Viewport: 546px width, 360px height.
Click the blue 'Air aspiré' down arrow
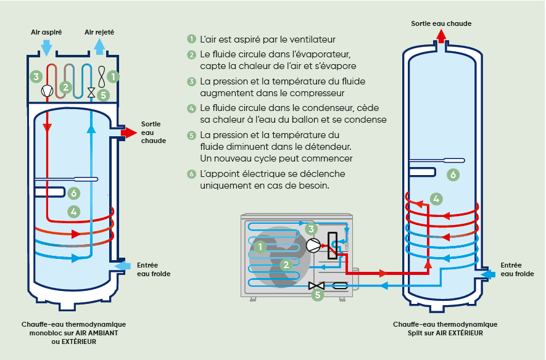[46, 46]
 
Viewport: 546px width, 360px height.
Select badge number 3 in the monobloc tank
[36, 77]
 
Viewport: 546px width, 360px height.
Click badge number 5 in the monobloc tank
[104, 95]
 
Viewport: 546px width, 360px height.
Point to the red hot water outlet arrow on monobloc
[129, 133]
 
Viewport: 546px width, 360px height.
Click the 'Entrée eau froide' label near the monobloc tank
[153, 269]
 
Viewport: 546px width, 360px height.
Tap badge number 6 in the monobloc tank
[73, 194]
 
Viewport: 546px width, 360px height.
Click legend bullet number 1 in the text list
[192, 39]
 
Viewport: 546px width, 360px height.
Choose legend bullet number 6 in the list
[192, 174]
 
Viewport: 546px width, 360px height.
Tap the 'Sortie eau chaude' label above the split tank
[441, 23]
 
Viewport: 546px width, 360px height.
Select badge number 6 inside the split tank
[453, 175]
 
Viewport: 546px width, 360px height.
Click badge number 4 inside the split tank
[436, 198]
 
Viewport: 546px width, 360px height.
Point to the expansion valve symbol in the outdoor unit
[316, 285]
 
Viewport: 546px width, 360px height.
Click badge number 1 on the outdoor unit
[261, 247]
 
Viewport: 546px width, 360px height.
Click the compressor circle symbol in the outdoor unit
[313, 245]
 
